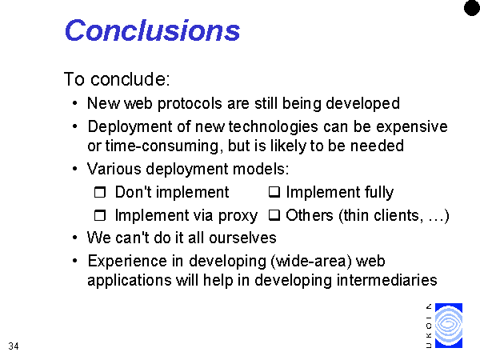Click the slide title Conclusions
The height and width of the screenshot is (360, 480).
point(152,30)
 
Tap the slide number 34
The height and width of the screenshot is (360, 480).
point(14,346)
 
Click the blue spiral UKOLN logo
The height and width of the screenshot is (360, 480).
point(449,326)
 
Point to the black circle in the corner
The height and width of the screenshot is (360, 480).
point(472,7)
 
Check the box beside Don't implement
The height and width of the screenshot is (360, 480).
point(100,192)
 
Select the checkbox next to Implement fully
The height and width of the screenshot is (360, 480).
point(274,192)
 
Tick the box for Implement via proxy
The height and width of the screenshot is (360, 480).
point(100,215)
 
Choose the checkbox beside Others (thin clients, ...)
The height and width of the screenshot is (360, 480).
point(274,215)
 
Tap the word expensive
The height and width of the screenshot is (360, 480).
point(412,127)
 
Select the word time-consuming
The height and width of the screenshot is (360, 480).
point(162,146)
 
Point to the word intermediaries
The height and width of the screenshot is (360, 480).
point(386,280)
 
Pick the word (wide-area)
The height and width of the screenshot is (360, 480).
point(311,262)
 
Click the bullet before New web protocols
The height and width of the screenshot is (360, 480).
point(75,103)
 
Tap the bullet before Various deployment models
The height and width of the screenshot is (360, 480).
point(75,169)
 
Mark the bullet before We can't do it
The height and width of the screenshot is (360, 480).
point(75,238)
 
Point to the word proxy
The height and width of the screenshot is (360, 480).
point(238,216)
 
